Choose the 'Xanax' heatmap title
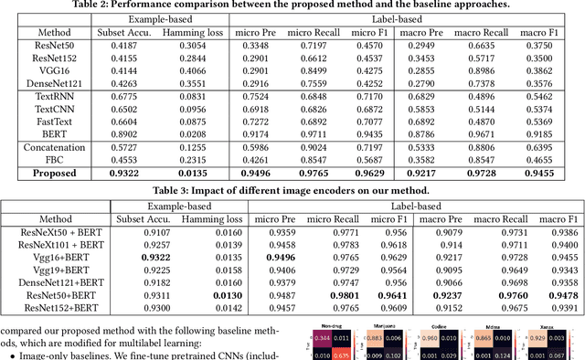coord(558,324)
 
